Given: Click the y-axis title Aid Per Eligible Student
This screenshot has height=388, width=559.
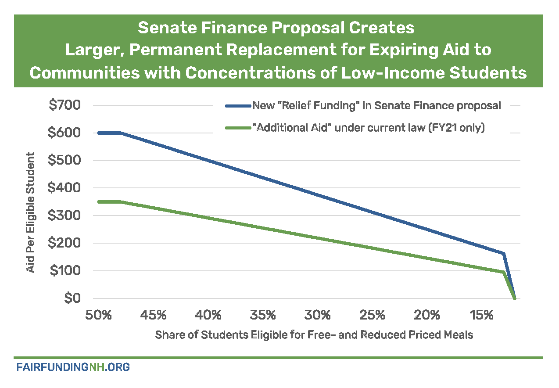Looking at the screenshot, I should [x=31, y=212].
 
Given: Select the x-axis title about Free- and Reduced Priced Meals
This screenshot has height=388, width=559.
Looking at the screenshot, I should [x=314, y=335].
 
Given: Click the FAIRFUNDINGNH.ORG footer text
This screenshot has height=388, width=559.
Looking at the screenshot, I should [x=73, y=367].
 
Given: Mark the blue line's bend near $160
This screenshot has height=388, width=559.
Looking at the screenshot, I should [x=504, y=254].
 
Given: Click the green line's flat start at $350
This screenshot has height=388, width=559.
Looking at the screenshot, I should [x=110, y=202].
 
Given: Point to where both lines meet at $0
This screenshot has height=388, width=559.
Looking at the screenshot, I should [x=515, y=298].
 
